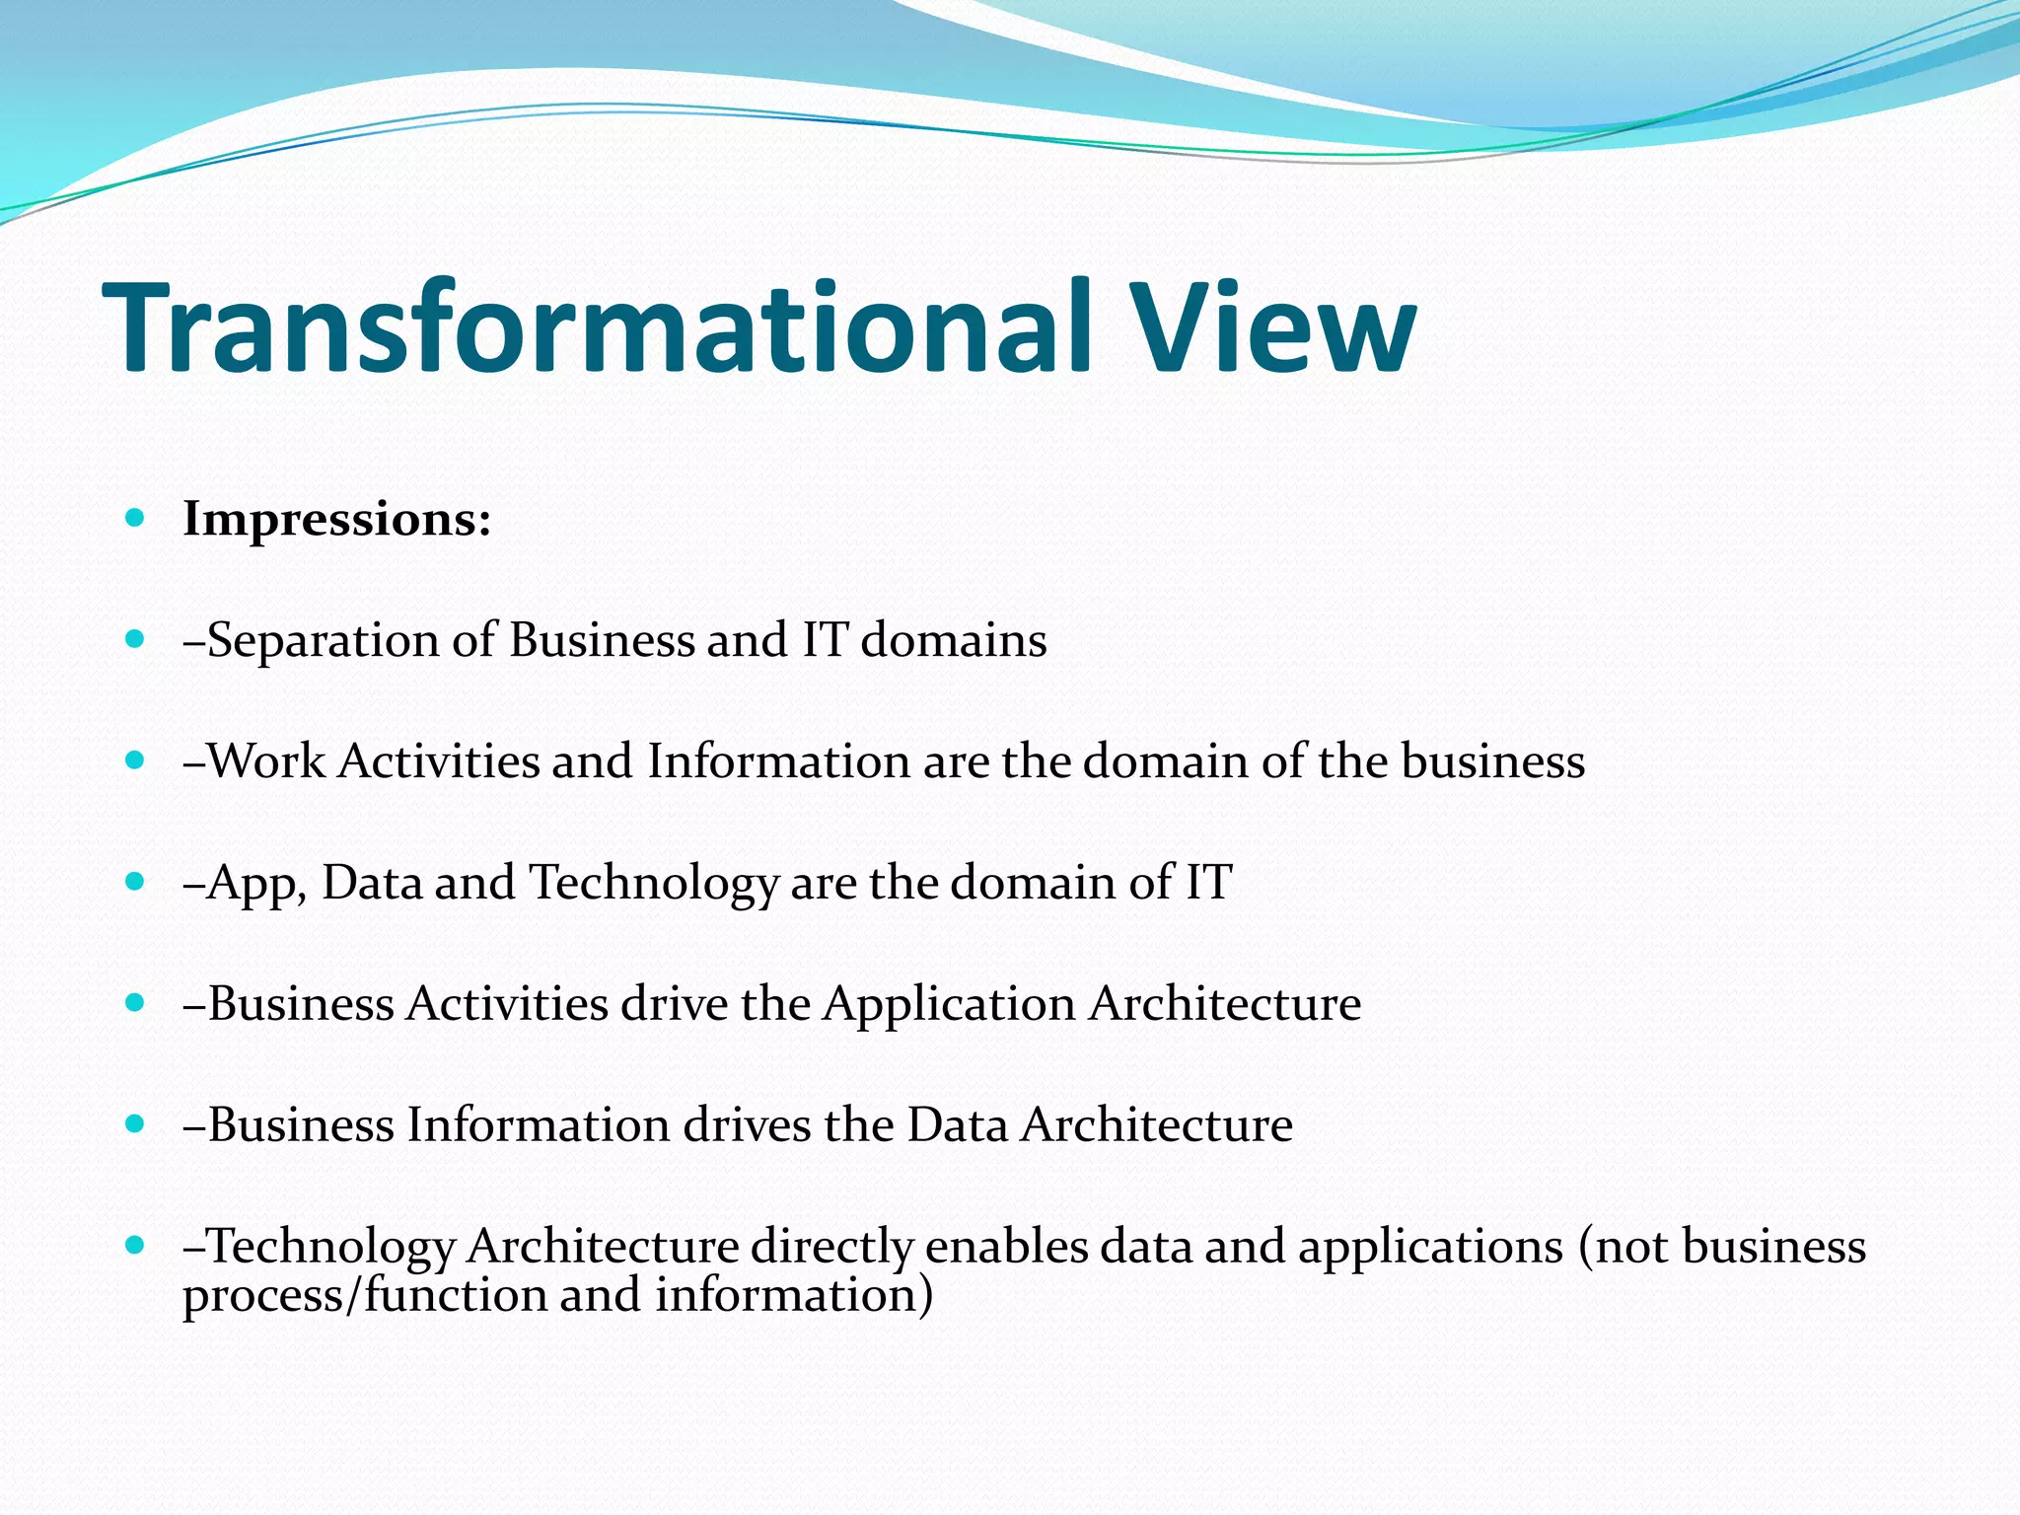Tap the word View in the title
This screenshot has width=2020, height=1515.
[1273, 327]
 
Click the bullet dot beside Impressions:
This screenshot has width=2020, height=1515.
[136, 517]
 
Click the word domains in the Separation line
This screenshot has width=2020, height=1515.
[954, 641]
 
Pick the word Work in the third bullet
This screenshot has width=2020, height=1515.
[266, 762]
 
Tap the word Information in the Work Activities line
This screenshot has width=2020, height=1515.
[778, 762]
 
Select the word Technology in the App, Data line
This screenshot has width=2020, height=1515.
[654, 883]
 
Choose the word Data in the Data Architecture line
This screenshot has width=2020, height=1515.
[957, 1125]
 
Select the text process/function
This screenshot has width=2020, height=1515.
[364, 1296]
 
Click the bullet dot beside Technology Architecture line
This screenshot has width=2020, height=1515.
[136, 1245]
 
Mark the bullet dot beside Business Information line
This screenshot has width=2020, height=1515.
[136, 1123]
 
